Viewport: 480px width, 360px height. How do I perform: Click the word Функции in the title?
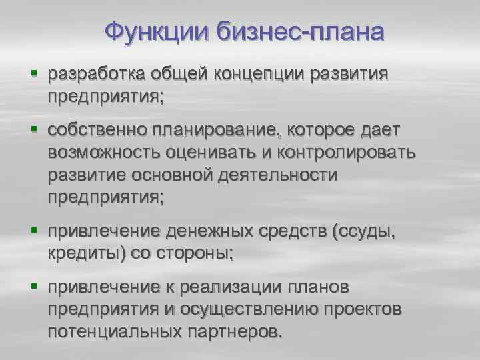coord(157,31)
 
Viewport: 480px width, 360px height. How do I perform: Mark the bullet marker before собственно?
coord(33,127)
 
